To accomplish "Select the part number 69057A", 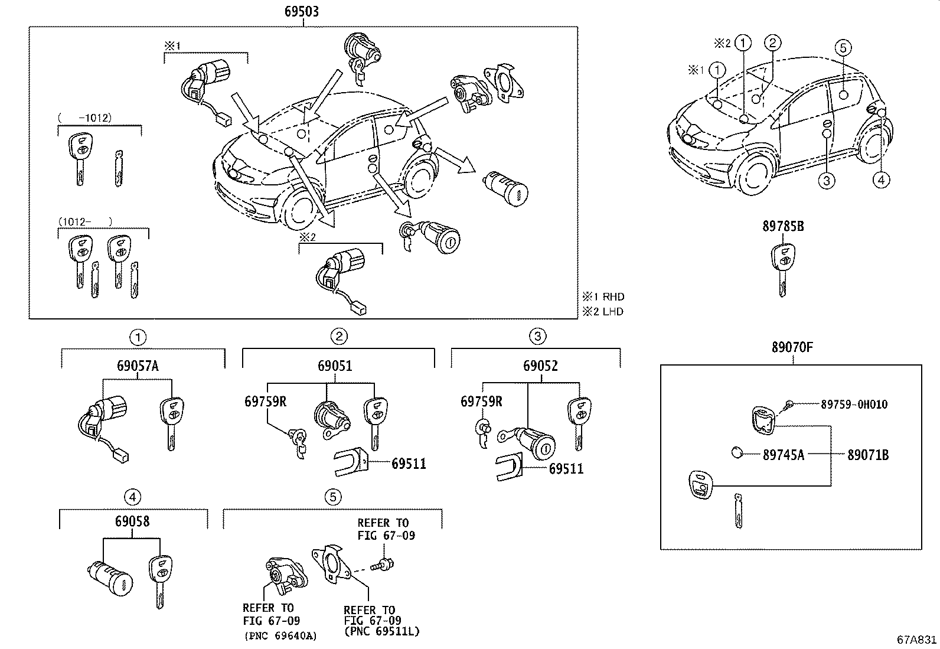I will point(138,366).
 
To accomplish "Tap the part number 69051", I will point(335,366).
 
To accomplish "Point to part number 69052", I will point(540,366).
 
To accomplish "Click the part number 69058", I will point(132,521).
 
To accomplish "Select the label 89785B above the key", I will point(783,226).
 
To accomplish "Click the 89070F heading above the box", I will point(792,347).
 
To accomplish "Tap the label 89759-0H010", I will point(854,405).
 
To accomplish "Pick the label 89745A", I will point(783,455).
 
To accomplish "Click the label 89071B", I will point(868,455).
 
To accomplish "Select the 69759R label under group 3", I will point(481,402).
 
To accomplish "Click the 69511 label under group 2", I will point(409,464).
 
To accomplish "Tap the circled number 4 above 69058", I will point(132,497).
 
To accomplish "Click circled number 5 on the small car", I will point(843,48).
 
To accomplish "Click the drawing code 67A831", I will point(916,640).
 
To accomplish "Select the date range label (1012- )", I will point(85,221).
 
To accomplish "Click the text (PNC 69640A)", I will point(280,636).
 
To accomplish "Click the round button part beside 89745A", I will point(736,453).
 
